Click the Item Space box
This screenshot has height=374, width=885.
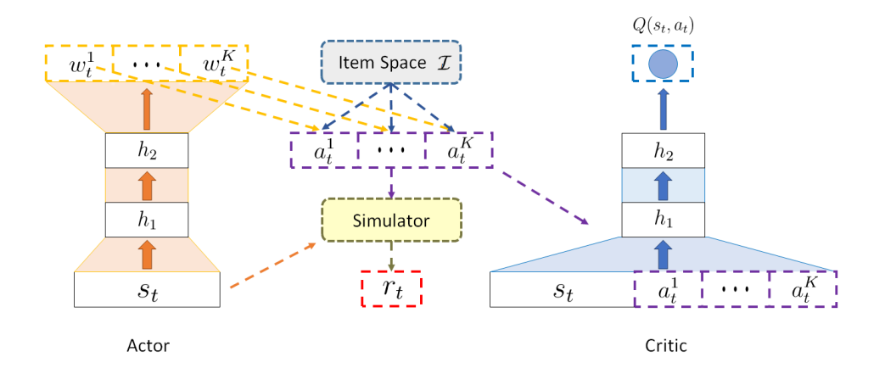pos(389,62)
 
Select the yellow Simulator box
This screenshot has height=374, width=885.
pos(391,220)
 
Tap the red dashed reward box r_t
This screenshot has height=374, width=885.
pos(390,287)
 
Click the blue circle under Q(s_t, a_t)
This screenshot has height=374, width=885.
pos(663,64)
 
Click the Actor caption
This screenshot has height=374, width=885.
pos(148,346)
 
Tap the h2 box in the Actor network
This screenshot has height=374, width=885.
pos(147,150)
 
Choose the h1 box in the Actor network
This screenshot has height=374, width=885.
pos(147,219)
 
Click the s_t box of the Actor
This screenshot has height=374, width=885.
pos(147,289)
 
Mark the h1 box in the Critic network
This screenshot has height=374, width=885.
pos(663,219)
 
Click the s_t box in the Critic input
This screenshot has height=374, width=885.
pos(563,289)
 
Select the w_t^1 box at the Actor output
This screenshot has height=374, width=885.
pos(78,62)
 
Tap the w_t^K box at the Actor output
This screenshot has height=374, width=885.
pos(213,62)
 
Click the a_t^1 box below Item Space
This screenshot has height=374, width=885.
pos(323,150)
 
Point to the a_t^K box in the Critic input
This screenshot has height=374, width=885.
pos(802,289)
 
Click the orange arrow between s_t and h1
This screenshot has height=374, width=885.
pos(147,254)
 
